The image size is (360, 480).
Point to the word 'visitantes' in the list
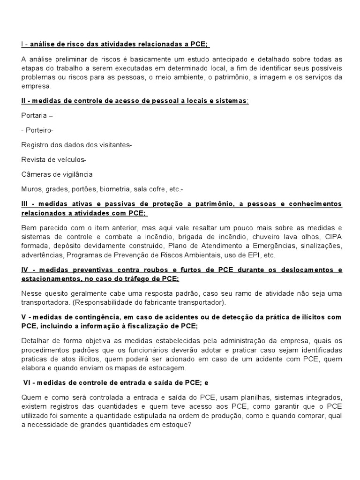(x=113, y=145)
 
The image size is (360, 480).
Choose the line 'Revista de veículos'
(x=53, y=160)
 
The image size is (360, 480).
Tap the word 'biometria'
(x=114, y=189)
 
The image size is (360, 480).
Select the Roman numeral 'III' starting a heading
(x=26, y=204)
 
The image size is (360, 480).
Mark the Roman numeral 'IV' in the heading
(x=26, y=270)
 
